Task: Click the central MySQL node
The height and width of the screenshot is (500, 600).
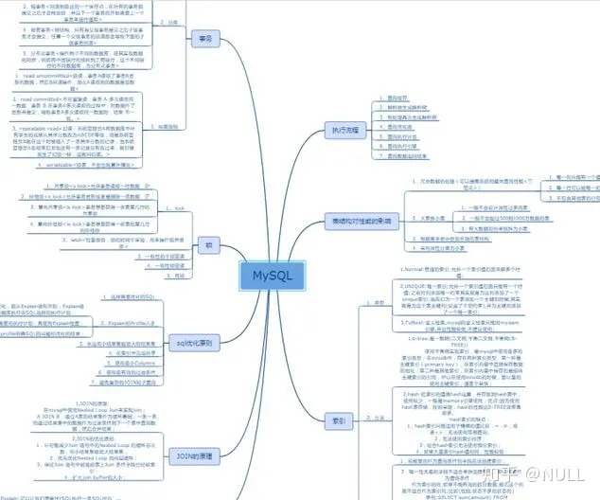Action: (273, 276)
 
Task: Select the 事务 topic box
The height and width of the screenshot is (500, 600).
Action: (202, 39)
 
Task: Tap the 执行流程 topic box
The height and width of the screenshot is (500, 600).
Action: (347, 128)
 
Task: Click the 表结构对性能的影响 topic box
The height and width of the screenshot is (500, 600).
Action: (363, 219)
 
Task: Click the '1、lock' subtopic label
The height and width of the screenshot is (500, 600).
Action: (176, 206)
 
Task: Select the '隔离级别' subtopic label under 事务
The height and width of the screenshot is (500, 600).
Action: (167, 125)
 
